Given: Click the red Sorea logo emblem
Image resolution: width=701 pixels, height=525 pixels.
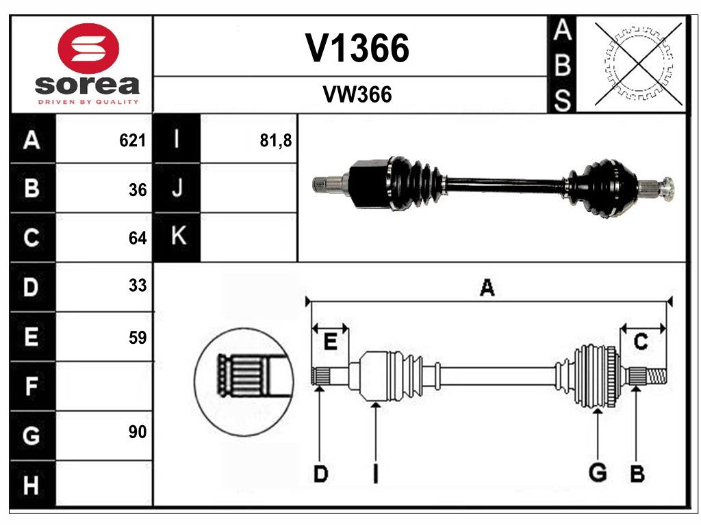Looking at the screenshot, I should (88, 49).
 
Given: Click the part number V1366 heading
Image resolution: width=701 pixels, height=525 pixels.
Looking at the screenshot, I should (357, 48).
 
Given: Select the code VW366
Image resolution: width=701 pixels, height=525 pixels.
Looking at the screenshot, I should (357, 95).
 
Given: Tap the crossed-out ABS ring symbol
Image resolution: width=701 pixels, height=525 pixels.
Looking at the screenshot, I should (639, 64).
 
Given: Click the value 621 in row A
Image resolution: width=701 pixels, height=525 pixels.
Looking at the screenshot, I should (133, 141).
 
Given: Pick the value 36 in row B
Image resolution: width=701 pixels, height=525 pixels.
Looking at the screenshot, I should (138, 190).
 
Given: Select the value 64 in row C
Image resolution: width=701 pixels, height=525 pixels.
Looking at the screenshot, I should (138, 239).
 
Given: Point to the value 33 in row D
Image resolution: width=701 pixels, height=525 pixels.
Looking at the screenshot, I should (138, 286).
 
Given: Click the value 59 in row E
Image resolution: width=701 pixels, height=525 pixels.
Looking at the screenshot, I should (138, 337).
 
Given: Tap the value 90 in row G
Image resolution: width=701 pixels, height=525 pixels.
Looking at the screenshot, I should (138, 432).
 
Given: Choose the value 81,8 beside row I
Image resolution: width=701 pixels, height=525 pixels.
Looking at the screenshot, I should (276, 141).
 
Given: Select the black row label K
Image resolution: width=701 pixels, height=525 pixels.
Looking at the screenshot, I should (177, 237).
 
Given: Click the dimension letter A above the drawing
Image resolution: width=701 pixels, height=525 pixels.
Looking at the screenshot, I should (487, 288).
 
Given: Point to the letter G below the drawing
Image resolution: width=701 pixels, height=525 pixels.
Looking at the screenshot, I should (598, 472).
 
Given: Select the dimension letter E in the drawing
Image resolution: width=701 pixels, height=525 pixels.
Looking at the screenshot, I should (331, 342).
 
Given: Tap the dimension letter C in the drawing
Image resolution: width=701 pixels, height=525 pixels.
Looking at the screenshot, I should (641, 341).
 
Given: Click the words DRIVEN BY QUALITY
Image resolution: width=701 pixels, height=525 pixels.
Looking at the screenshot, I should (88, 102).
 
